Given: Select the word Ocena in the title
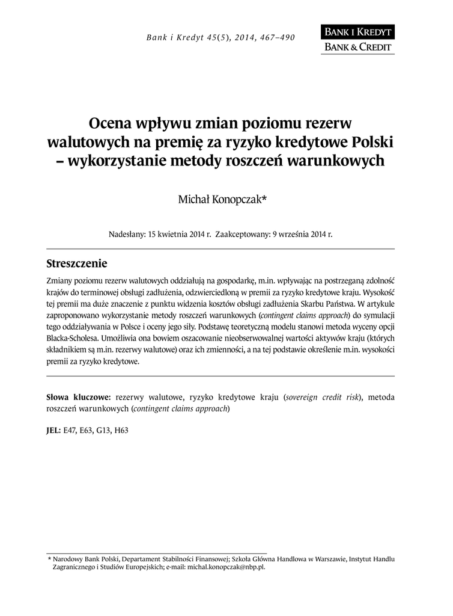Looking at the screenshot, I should tap(111, 123).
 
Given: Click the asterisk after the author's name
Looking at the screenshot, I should tap(264, 198).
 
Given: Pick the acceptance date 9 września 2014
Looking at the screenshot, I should tap(297, 234).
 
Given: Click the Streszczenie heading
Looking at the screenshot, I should tap(77, 264).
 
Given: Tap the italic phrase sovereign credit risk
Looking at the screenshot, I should tap(324, 398).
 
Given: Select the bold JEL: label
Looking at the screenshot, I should tap(53, 430).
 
